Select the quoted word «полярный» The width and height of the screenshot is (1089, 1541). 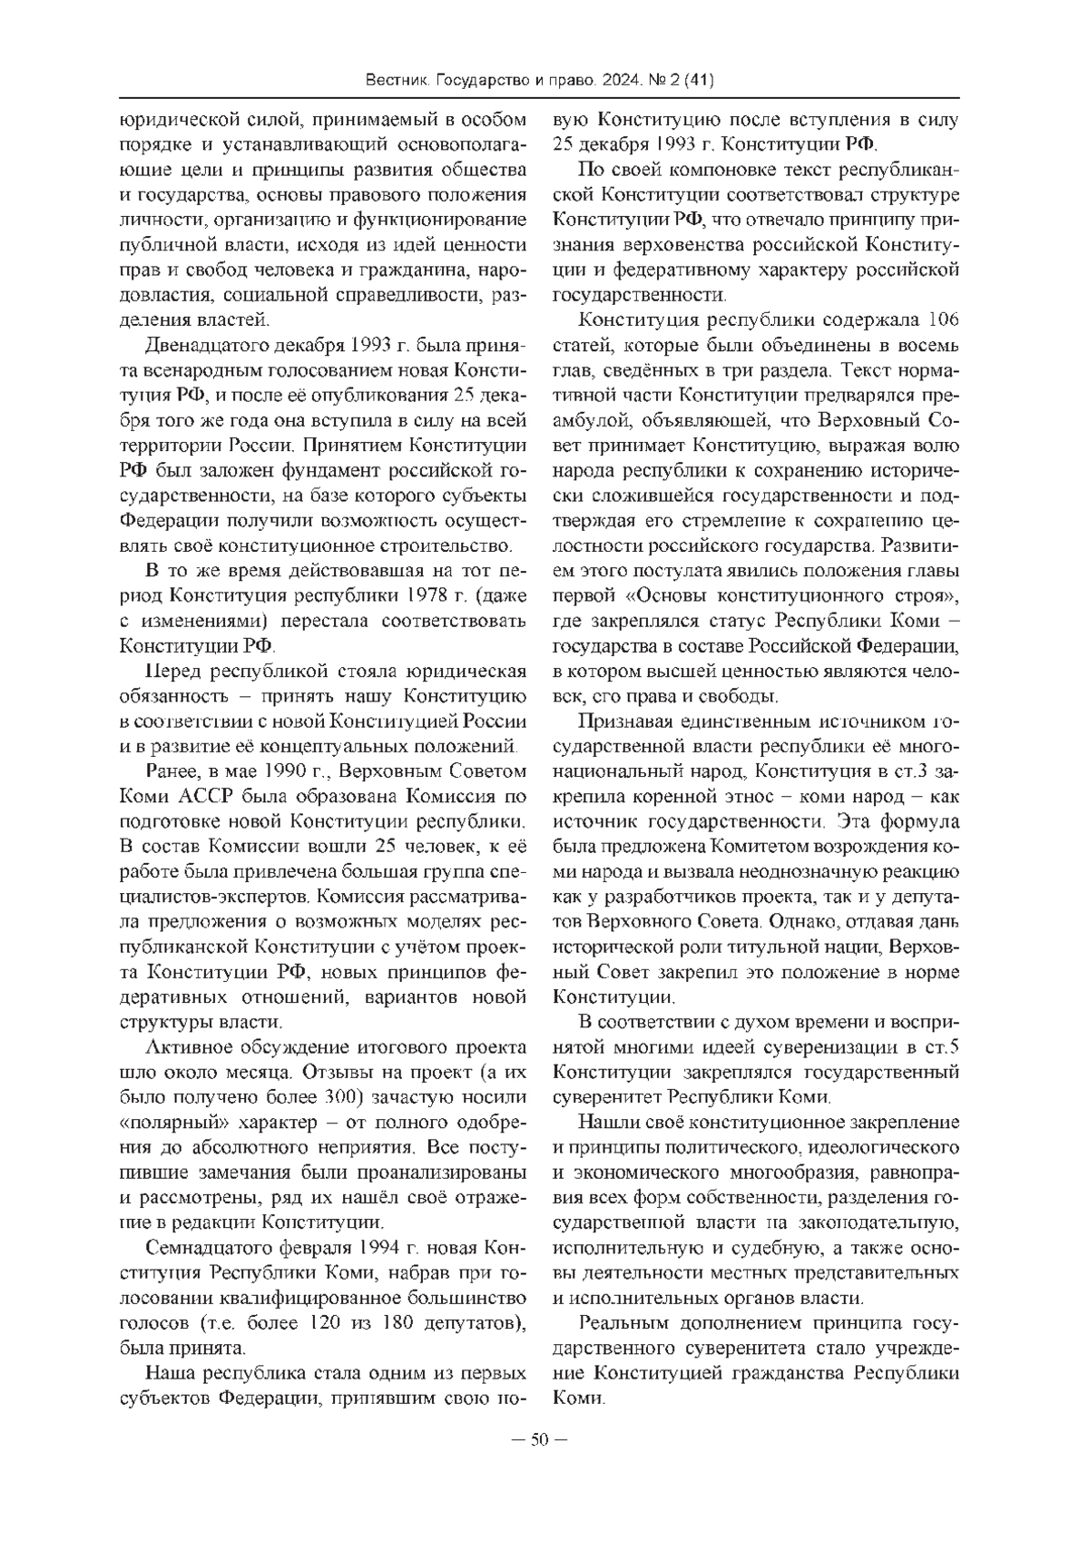tap(171, 1119)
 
